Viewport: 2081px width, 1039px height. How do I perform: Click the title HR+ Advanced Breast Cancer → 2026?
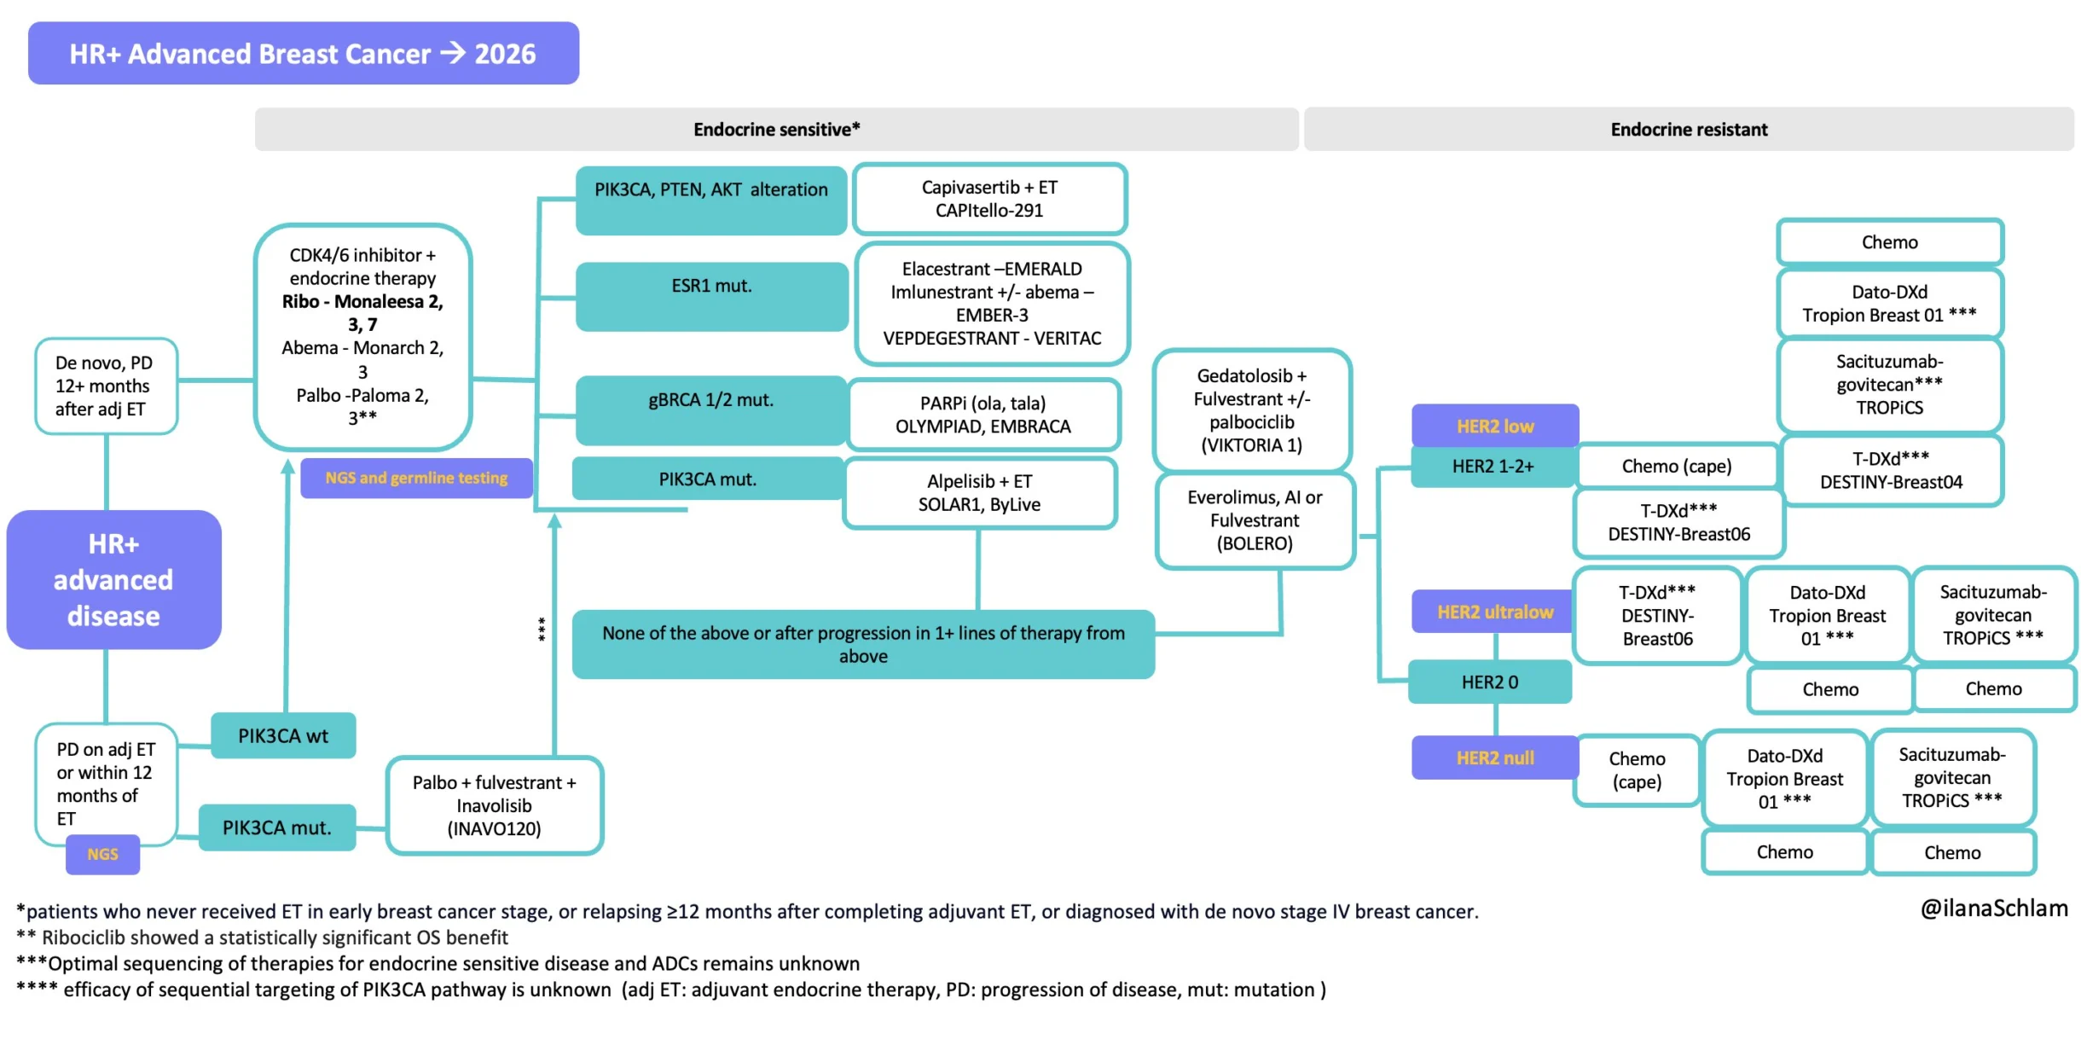304,53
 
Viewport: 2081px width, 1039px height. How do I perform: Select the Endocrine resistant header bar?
1689,129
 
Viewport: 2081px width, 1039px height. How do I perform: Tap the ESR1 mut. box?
711,296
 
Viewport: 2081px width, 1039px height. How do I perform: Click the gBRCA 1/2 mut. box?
711,410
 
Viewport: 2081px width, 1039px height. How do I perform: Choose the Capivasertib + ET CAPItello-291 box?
989,199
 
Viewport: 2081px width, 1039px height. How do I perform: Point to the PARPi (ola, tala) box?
983,415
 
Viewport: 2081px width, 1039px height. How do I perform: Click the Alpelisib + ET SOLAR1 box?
979,493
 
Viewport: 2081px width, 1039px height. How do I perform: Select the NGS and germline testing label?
416,478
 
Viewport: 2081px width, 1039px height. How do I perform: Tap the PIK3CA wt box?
283,735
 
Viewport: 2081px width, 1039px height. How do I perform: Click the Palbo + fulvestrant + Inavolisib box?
495,805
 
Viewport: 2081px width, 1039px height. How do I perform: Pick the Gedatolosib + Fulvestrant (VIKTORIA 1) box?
1252,410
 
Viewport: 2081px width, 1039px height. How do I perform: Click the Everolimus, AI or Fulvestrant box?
1255,520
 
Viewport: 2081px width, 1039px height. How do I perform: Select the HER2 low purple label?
1495,426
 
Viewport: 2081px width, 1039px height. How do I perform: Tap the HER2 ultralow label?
1495,612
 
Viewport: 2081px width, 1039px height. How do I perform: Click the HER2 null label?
1495,757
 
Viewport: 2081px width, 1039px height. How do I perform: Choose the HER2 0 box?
1490,682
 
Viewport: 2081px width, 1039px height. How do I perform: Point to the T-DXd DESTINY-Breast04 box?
1891,470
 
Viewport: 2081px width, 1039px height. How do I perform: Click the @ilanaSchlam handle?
1994,908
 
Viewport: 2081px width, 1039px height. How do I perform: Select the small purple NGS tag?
103,854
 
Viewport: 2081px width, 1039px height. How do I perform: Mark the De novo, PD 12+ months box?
106,386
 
